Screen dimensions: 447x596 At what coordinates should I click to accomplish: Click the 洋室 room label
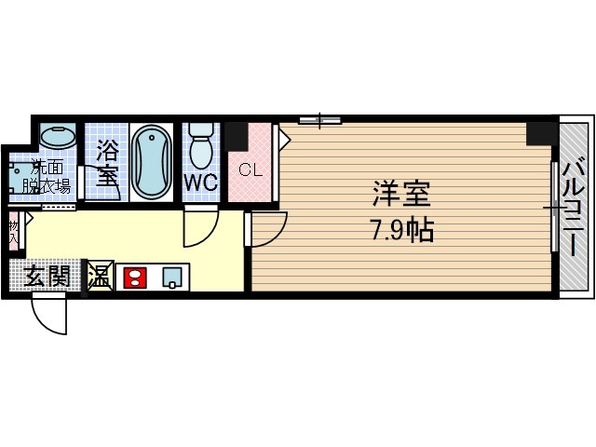[x=402, y=196]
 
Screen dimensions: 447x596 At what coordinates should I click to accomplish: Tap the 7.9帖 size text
[x=402, y=230]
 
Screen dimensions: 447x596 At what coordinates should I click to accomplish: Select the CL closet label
[x=250, y=170]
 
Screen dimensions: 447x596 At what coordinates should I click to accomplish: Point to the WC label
[x=200, y=183]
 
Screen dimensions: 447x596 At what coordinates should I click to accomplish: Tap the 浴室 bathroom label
[x=107, y=162]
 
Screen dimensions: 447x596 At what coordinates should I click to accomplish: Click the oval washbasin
[x=59, y=136]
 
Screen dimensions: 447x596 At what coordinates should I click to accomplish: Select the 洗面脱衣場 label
[x=47, y=176]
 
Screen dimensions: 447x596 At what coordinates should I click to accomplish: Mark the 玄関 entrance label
[x=46, y=276]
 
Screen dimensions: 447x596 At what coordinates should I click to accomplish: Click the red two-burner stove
[x=133, y=277]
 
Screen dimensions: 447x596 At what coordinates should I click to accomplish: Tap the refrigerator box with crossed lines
[x=99, y=276]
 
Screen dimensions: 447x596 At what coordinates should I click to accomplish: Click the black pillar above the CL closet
[x=237, y=135]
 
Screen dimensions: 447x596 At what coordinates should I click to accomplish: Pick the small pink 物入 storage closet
[x=14, y=230]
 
